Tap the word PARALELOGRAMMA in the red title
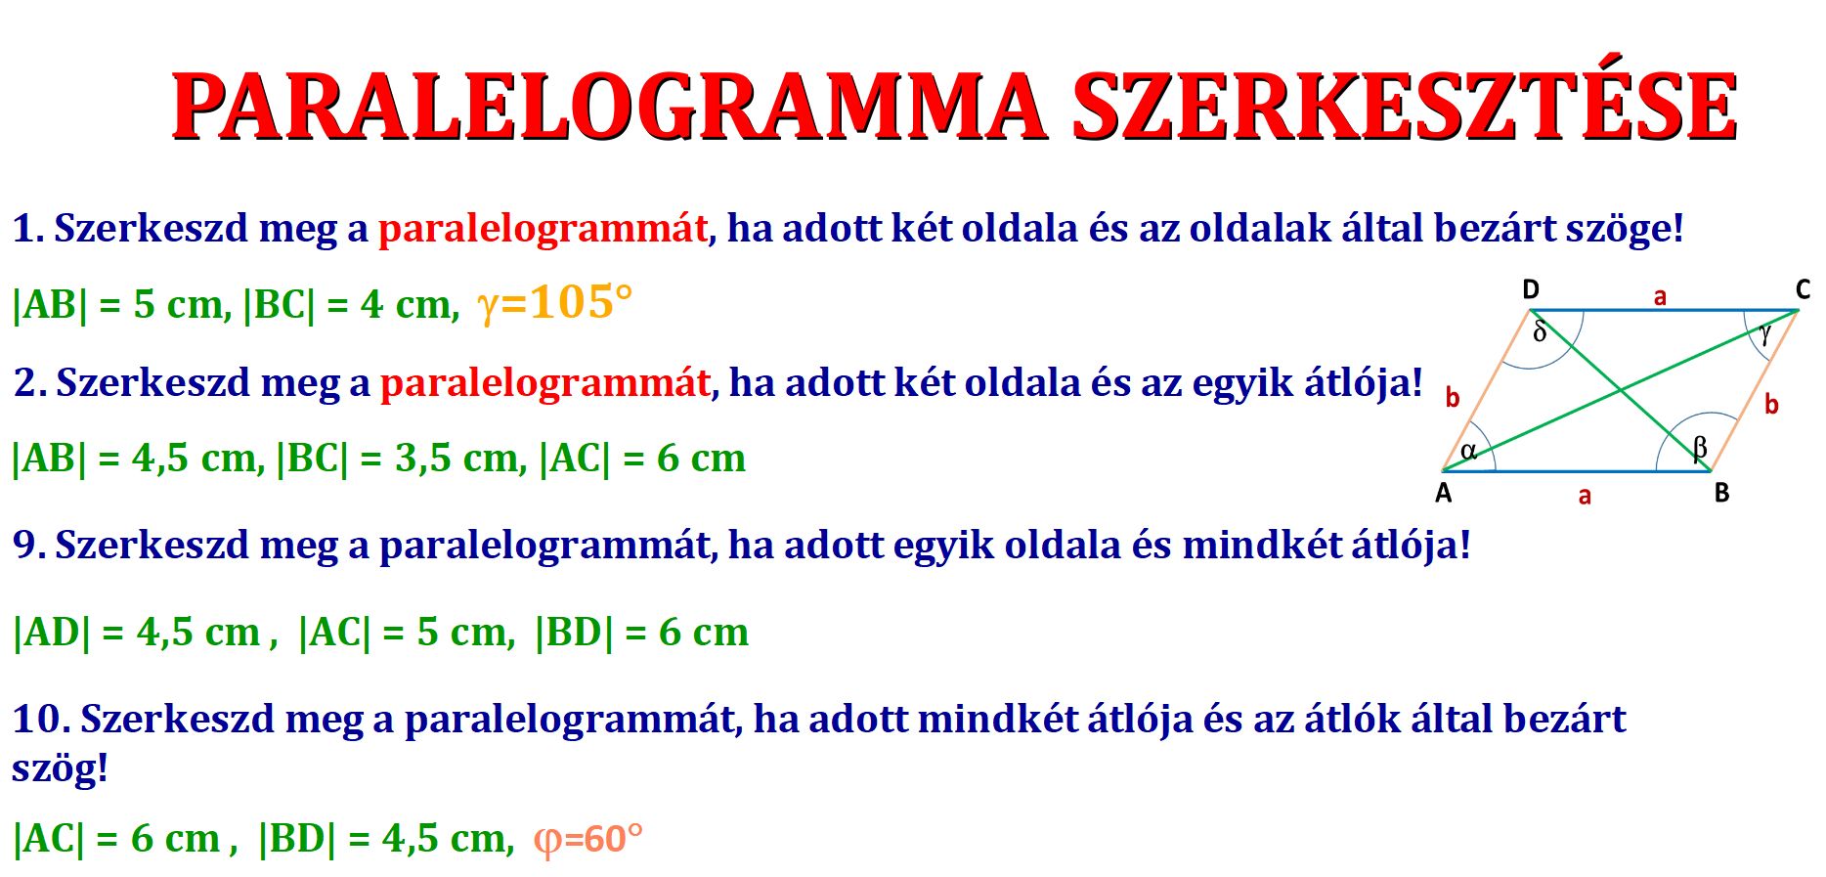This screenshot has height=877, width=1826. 609,107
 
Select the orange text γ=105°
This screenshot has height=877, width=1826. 554,303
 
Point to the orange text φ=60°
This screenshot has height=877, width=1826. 587,839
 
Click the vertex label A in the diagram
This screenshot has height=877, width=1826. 1443,493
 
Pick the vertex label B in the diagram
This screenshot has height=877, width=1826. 1721,493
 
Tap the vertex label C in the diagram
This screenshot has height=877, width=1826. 1804,289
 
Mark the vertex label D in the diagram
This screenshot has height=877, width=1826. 1531,289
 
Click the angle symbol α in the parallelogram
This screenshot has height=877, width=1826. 1468,451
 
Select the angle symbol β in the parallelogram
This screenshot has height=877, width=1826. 1700,448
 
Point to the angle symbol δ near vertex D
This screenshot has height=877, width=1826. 1540,331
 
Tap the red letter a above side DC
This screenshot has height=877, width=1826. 1660,296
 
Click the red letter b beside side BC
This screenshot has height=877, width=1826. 1771,404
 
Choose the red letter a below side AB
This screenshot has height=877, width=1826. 1585,496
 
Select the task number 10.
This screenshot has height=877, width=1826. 41,719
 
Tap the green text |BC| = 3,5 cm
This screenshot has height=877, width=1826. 402,458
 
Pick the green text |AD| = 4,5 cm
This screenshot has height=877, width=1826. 138,633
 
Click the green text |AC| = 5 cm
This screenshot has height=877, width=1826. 406,633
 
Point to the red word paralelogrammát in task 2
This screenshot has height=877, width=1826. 544,383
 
